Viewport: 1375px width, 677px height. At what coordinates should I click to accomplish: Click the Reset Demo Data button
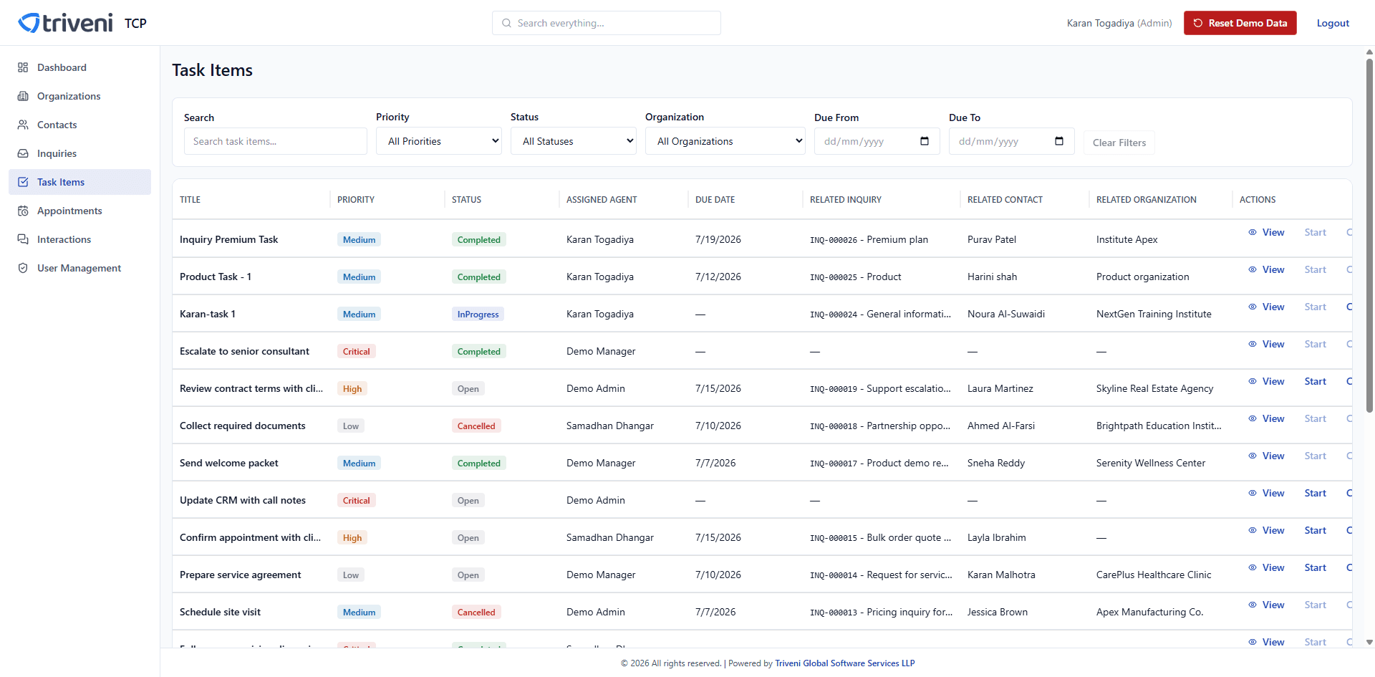pos(1240,23)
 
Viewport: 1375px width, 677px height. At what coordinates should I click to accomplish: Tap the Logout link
pos(1333,23)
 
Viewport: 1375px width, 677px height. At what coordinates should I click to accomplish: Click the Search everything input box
pos(607,23)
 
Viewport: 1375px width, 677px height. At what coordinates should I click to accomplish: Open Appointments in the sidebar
pos(69,211)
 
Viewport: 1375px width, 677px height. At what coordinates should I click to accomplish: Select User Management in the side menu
pos(79,268)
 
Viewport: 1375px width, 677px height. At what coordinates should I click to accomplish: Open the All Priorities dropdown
pos(439,141)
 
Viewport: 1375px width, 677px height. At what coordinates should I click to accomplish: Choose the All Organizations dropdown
pos(725,141)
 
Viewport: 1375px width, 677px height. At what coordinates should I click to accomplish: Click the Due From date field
pos(877,141)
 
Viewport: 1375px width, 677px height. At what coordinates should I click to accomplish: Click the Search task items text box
pos(276,141)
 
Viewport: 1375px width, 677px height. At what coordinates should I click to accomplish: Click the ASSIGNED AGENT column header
pos(602,200)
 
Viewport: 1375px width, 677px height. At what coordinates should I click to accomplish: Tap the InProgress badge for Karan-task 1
pos(478,314)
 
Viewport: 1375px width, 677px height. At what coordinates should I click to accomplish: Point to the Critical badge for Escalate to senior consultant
pos(357,351)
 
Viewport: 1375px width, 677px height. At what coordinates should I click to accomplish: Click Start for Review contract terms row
pos(1315,381)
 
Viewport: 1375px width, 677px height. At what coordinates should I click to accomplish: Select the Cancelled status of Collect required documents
pos(476,426)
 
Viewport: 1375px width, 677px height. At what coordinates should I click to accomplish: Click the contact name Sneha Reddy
pos(996,463)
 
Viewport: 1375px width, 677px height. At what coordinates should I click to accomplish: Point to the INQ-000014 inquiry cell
pos(881,575)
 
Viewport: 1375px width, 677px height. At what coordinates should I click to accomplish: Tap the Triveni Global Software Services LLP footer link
pos(845,663)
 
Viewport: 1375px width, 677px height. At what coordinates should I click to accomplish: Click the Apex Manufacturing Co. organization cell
pos(1149,612)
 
